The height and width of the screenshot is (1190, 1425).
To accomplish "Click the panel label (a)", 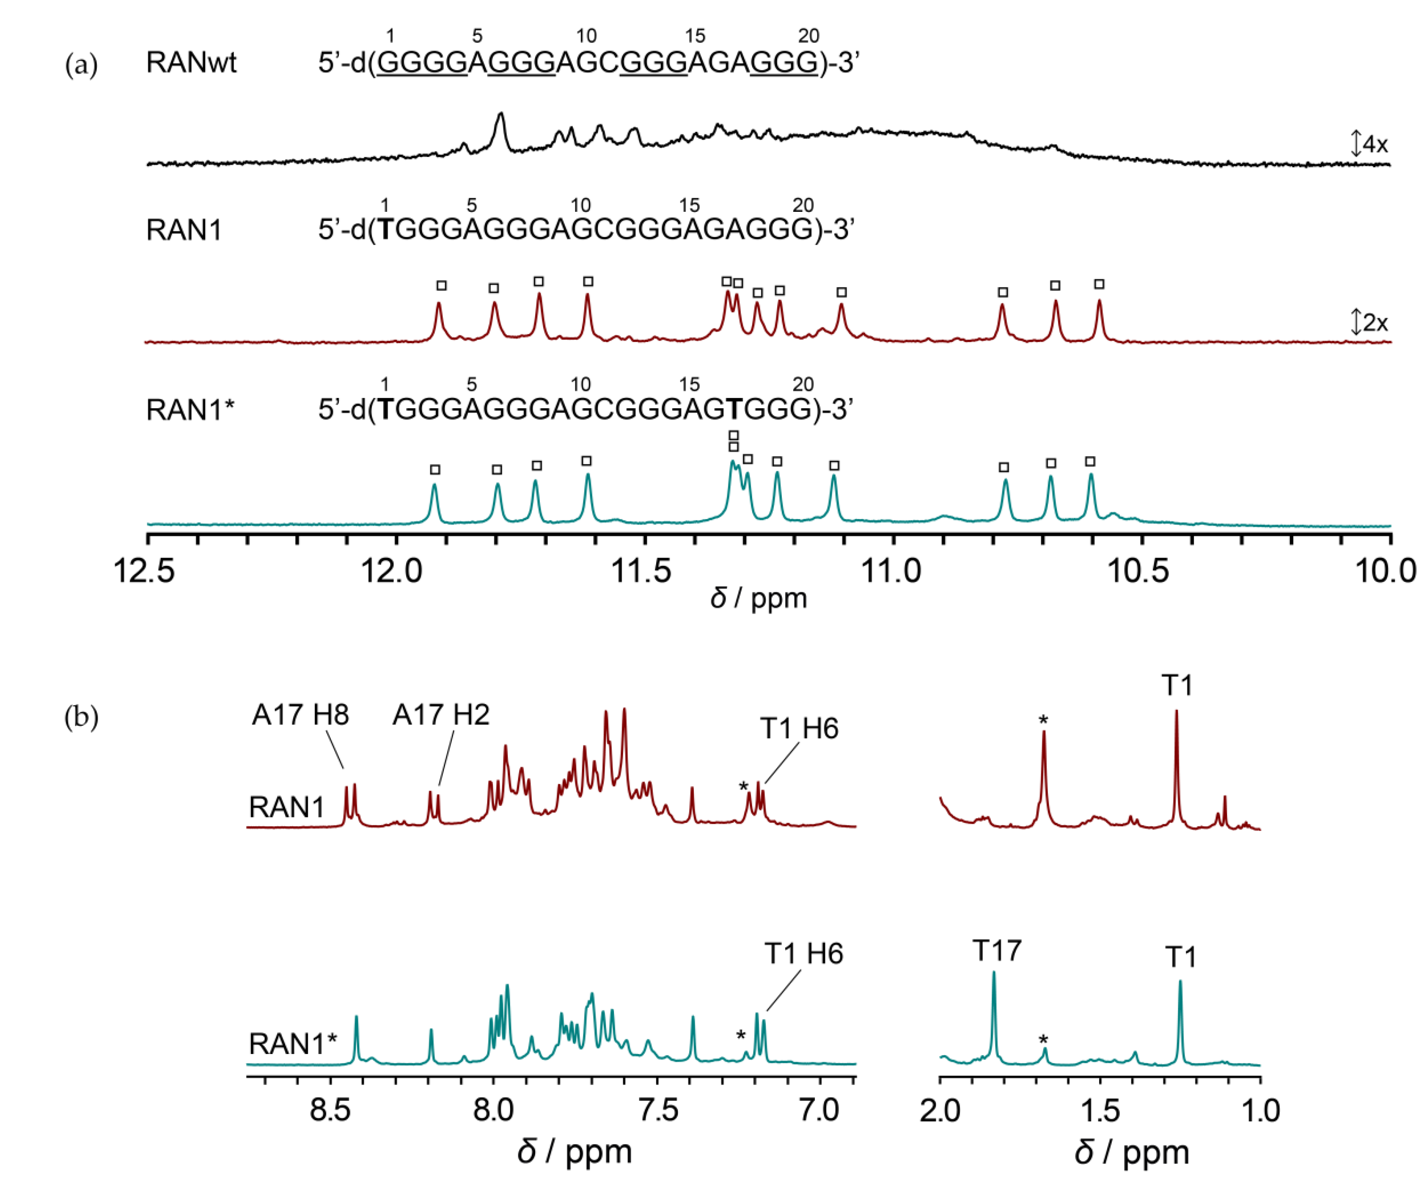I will tap(81, 66).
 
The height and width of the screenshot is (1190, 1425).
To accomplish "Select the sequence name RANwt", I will tap(191, 63).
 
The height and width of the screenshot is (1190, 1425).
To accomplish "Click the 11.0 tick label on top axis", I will tap(892, 571).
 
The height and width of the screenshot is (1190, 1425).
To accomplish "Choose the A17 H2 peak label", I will tap(441, 715).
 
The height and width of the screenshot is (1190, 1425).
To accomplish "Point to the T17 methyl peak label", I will tap(996, 951).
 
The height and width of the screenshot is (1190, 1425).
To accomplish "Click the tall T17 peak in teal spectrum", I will tap(994, 977).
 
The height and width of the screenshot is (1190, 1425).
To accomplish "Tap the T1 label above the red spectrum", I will tap(1177, 685).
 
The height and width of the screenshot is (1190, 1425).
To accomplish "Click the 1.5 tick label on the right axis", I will tap(1100, 1110).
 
